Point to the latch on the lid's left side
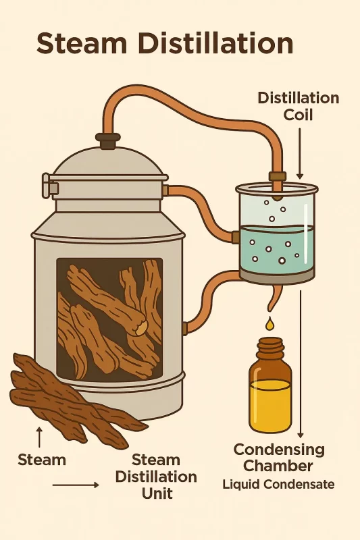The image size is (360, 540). click(47, 184)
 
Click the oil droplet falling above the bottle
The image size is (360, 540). click(270, 323)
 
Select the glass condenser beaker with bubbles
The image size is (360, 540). click(277, 233)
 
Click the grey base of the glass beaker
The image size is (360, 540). click(277, 276)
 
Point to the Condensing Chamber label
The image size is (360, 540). click(279, 458)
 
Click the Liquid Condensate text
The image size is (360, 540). click(279, 485)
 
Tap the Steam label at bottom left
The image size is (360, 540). click(42, 460)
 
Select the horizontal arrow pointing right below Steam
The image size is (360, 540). click(75, 485)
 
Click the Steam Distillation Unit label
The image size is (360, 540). click(156, 477)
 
